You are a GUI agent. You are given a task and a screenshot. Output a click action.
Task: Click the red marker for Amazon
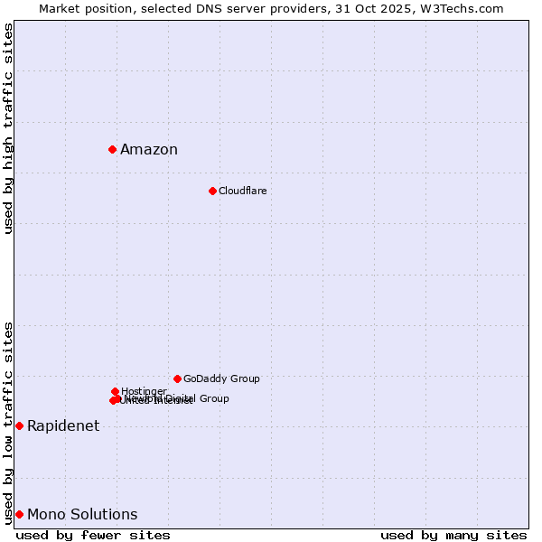(112, 149)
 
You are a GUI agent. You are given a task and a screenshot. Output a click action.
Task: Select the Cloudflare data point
(212, 191)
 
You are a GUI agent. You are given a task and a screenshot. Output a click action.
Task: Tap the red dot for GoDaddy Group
(177, 378)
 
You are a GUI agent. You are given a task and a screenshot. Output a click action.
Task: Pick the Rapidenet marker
(19, 425)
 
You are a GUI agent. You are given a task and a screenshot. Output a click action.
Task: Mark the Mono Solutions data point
(19, 514)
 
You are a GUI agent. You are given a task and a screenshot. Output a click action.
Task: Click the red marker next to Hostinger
(115, 391)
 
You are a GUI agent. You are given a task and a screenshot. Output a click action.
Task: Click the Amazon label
(149, 150)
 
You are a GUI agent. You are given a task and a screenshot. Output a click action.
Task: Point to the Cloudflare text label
(242, 192)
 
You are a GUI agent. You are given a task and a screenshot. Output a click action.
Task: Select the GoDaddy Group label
(221, 379)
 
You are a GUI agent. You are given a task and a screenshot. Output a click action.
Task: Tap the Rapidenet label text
(63, 426)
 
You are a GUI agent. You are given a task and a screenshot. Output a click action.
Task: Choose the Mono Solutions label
(82, 515)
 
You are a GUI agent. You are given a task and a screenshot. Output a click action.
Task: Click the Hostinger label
(144, 391)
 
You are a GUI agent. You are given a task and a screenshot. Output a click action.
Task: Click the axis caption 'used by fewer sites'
(93, 536)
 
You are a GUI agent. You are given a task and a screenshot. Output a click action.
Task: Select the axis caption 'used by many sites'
(453, 536)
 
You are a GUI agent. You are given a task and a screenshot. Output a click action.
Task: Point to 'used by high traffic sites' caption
(9, 128)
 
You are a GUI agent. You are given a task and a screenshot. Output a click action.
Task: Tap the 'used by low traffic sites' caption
(9, 422)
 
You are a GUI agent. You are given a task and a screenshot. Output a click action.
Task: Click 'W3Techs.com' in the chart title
(465, 8)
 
